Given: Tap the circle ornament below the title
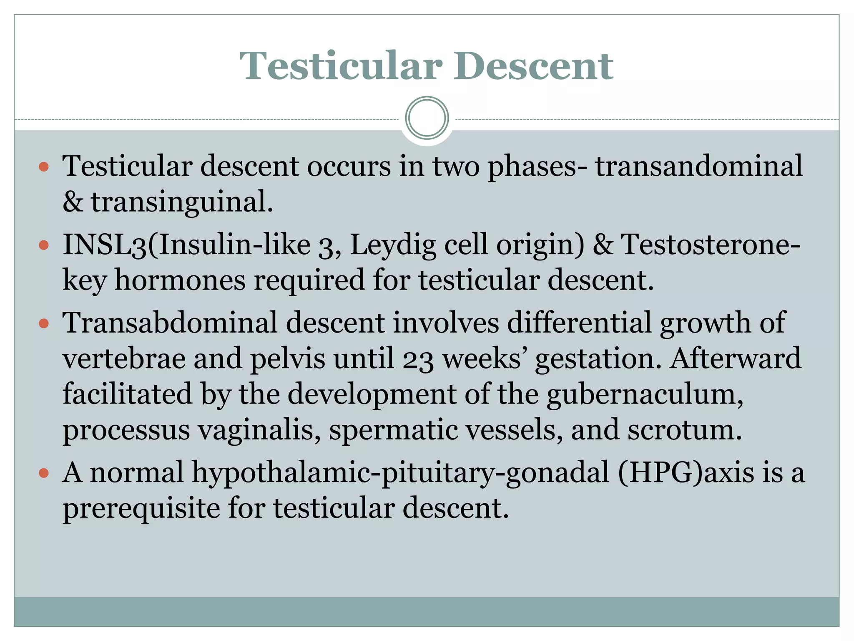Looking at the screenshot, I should (x=427, y=118).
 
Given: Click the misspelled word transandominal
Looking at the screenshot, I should (x=698, y=166).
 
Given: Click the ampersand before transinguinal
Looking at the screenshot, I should (x=73, y=202).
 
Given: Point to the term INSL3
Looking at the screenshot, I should (x=104, y=245).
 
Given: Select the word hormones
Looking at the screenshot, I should (x=180, y=280).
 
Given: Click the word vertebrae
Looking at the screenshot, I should (x=124, y=359).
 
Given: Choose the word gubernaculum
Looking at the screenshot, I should (x=644, y=394).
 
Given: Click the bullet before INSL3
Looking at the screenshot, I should (x=44, y=245).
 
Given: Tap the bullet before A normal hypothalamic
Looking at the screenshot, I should (x=44, y=473).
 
